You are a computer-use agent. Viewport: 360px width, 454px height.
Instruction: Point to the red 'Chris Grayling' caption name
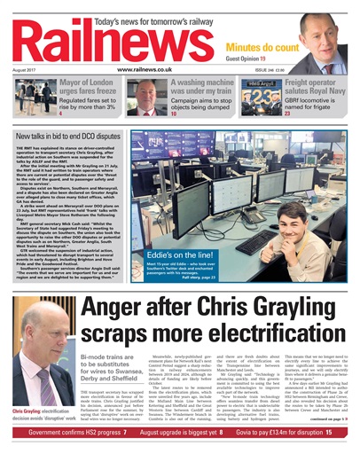tap(32, 387)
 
